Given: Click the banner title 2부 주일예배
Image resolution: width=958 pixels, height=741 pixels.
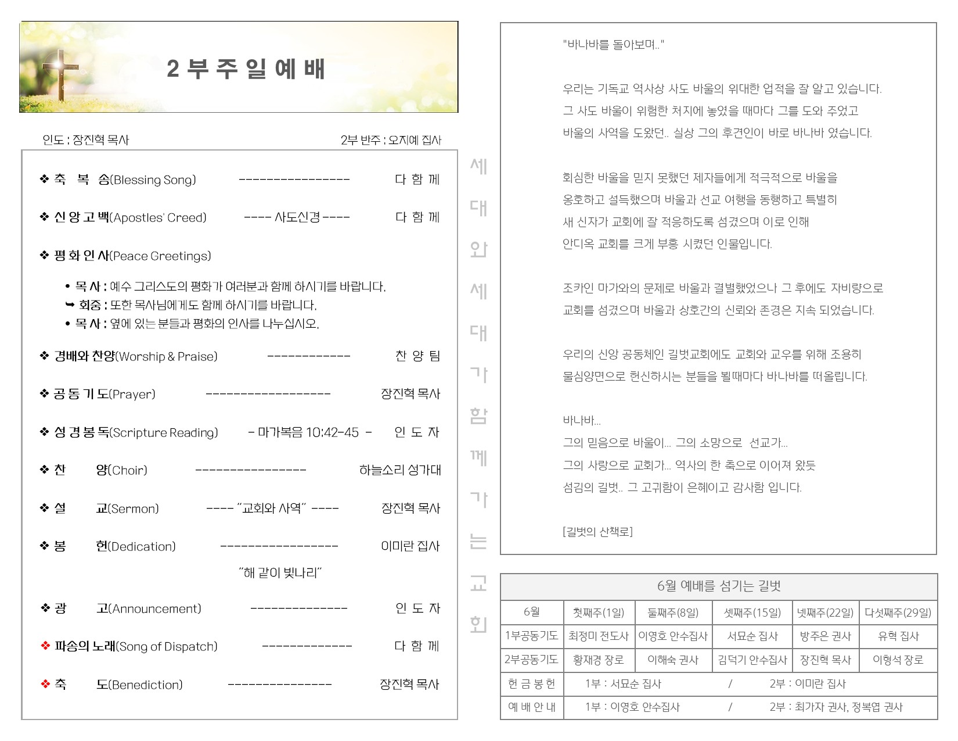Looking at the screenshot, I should pos(246,69).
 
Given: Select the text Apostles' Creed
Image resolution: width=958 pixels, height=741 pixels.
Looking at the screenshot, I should pos(159,218).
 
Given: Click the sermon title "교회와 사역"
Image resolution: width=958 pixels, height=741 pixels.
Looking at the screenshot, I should pos(272,509).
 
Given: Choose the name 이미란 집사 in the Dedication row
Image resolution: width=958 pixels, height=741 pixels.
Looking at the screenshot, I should pos(410,546).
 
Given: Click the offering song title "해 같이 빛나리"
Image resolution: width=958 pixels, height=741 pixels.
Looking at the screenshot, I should pos(280,573).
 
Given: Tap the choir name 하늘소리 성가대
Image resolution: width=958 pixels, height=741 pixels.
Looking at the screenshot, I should pos(400,470).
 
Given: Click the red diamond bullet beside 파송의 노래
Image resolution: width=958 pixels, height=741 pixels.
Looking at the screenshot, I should pos(45,646).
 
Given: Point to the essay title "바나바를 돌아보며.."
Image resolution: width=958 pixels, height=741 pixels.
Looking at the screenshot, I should pos(613,45).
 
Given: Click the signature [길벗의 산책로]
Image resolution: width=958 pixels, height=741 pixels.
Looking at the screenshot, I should pos(597,531).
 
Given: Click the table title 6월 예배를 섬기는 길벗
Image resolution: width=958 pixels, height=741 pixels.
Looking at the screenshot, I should pos(719,586).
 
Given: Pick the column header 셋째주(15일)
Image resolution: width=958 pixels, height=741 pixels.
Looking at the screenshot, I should pos(752,613).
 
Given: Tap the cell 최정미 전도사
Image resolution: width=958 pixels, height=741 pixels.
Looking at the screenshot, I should pos(599,636).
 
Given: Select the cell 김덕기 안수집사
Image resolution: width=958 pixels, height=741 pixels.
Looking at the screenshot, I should pos(752,660).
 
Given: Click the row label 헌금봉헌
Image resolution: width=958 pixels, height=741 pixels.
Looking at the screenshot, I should pos(531,684).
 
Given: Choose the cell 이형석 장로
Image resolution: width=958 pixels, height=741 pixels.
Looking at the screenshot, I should pos(898,660).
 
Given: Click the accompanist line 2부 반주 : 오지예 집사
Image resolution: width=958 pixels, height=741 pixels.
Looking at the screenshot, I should pos(391,140).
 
